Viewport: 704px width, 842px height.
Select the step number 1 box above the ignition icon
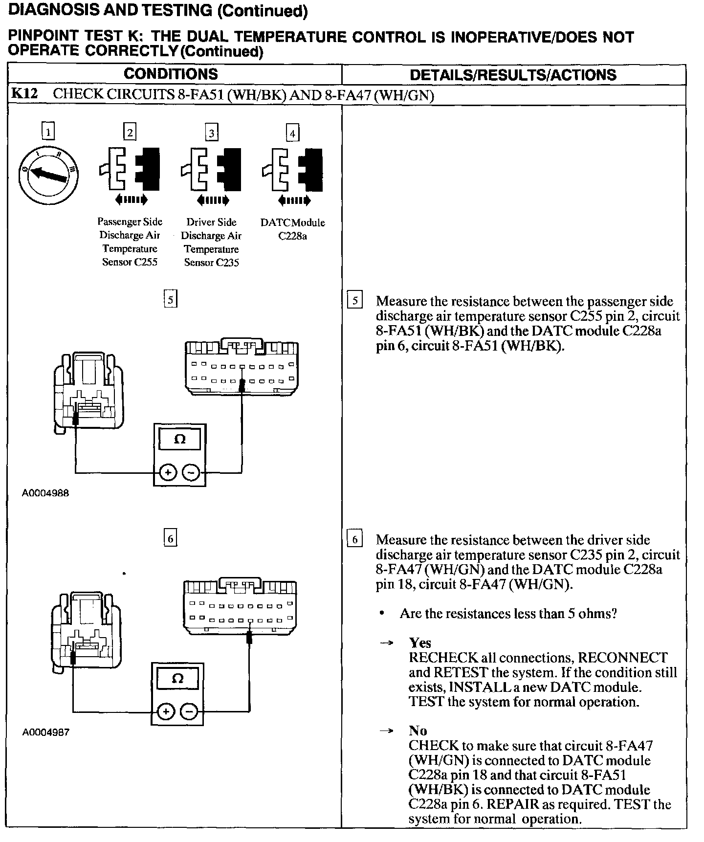point(48,132)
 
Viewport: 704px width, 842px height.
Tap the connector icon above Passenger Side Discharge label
point(130,169)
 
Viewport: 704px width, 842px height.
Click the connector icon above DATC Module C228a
point(293,169)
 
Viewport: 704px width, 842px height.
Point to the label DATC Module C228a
point(292,229)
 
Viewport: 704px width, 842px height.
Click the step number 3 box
point(211,133)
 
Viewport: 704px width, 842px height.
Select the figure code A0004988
point(45,493)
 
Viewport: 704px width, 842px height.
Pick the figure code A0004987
point(45,732)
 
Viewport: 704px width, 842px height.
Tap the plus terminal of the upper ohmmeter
point(168,473)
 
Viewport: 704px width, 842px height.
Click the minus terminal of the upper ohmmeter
point(191,473)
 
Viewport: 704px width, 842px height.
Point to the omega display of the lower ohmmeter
point(178,678)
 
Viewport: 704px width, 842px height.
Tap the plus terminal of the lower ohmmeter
point(166,711)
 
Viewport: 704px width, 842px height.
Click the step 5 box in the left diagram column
point(170,299)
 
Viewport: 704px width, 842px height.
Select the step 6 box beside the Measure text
point(354,539)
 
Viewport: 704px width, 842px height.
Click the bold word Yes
point(420,643)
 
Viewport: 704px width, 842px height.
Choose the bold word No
point(418,731)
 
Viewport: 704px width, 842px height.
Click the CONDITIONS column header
point(171,74)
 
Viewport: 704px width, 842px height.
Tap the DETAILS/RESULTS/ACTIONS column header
point(513,75)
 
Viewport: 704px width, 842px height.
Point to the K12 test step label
point(24,94)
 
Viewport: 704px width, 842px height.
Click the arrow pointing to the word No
point(386,731)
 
